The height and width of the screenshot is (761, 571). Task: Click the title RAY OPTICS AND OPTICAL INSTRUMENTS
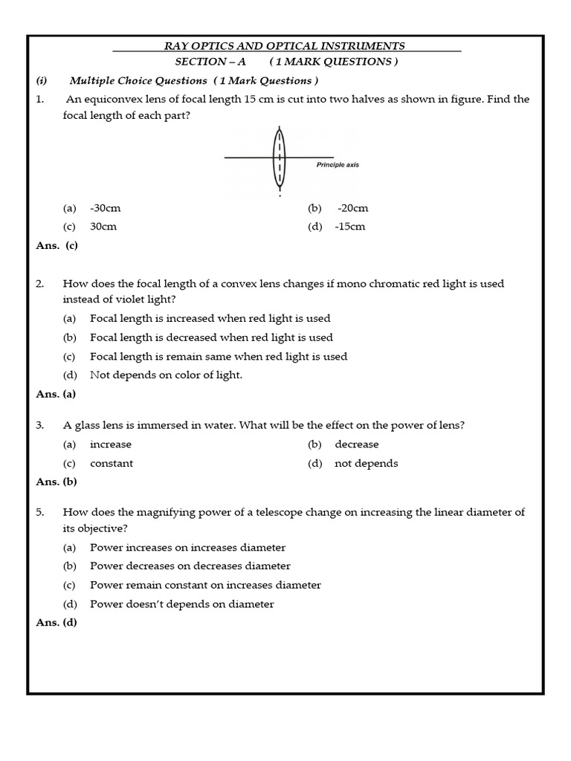(x=285, y=46)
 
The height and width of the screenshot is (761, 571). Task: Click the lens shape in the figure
(x=280, y=157)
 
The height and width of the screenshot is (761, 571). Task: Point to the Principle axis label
(x=337, y=165)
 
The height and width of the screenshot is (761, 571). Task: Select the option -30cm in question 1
(x=105, y=208)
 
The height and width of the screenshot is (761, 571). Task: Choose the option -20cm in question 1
(x=352, y=208)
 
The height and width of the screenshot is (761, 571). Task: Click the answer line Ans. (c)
(x=57, y=245)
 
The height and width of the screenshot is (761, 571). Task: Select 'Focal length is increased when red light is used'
(x=210, y=318)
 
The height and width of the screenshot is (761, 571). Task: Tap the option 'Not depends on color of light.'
(x=166, y=375)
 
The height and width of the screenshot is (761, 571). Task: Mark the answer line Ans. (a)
(x=57, y=395)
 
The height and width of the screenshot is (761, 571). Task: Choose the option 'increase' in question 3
(x=110, y=444)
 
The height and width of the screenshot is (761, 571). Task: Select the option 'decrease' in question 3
(x=357, y=444)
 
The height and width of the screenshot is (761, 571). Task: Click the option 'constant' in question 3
(x=112, y=463)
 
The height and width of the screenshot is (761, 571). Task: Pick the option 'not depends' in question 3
(x=366, y=463)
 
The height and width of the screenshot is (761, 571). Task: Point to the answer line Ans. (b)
(x=57, y=482)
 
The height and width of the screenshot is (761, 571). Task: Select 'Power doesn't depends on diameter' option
(x=181, y=604)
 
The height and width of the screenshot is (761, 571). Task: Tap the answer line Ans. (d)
(x=57, y=623)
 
